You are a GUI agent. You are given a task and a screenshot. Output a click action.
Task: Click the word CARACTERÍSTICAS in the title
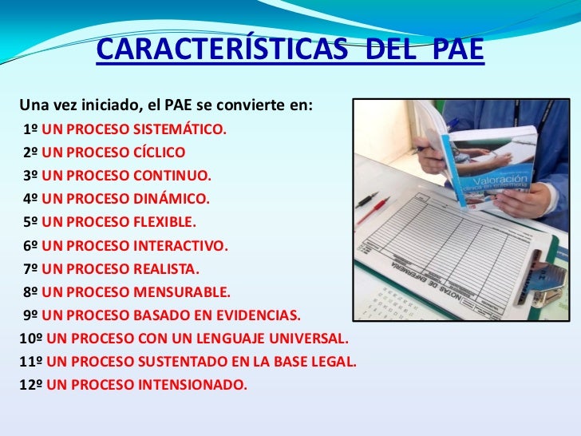[222, 50]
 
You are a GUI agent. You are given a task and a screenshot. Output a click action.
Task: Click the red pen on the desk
[373, 209]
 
